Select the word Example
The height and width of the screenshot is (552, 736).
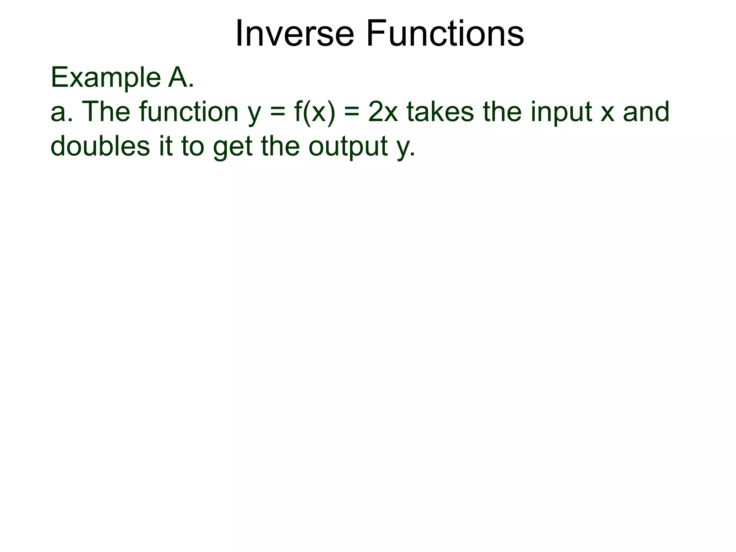[x=106, y=78]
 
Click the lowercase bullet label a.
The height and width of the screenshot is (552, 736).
[x=60, y=112]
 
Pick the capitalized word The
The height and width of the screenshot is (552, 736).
[x=106, y=112]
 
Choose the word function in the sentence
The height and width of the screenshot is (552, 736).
[x=189, y=112]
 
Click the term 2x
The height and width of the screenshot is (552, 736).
[x=383, y=112]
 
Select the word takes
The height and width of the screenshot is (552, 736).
[x=441, y=112]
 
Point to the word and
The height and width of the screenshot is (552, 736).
[x=647, y=112]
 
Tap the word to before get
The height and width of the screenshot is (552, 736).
[x=193, y=147]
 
